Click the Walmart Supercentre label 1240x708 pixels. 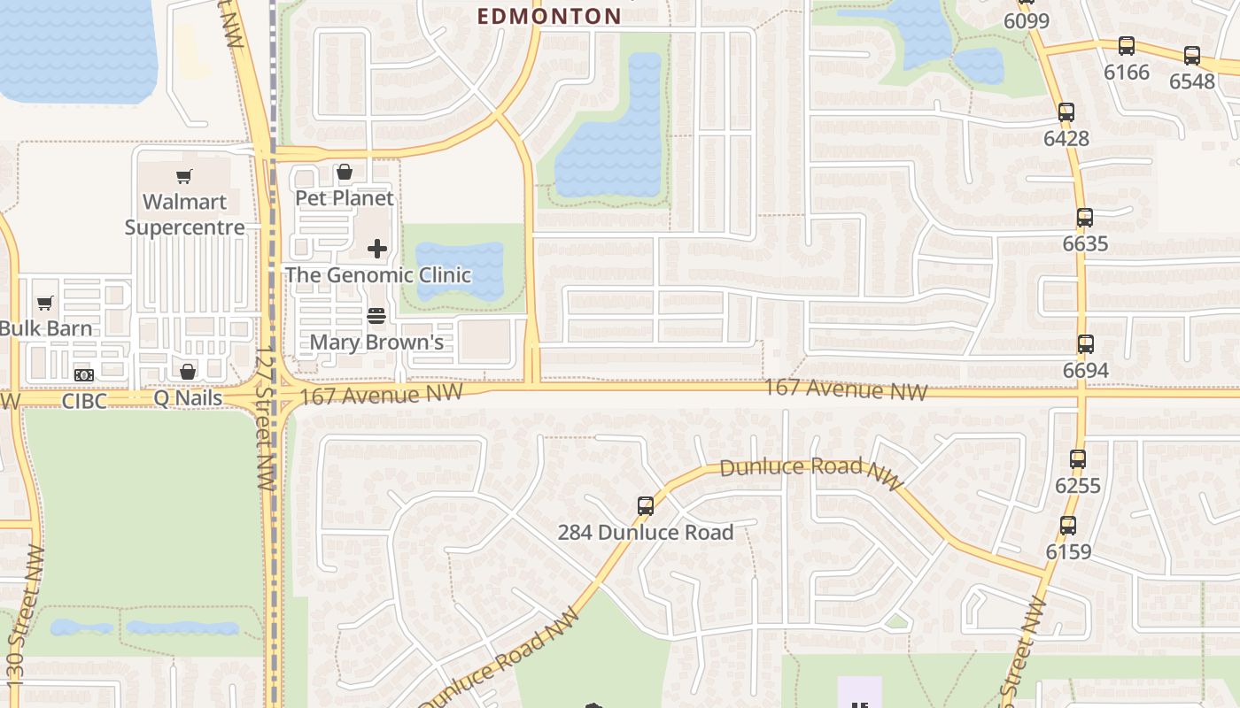tap(184, 214)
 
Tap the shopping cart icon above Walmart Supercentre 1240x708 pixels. tap(183, 176)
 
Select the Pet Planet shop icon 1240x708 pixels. tap(345, 172)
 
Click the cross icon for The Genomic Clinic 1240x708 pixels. tap(377, 249)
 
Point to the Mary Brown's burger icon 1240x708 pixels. tap(376, 316)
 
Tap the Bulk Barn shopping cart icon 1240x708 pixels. tap(45, 304)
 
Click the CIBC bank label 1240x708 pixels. tap(84, 401)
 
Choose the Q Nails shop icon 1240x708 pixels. tap(188, 372)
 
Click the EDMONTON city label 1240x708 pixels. tap(549, 16)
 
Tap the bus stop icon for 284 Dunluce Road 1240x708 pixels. tap(646, 506)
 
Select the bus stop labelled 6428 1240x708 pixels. tap(1066, 112)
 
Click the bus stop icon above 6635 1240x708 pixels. tap(1085, 218)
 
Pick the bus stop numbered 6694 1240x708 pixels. tap(1086, 344)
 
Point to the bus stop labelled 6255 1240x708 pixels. tap(1078, 459)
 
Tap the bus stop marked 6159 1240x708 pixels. tap(1068, 526)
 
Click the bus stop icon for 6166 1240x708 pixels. tap(1127, 46)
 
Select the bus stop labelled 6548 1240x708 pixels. tap(1192, 56)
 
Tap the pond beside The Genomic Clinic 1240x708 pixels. tap(459, 266)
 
